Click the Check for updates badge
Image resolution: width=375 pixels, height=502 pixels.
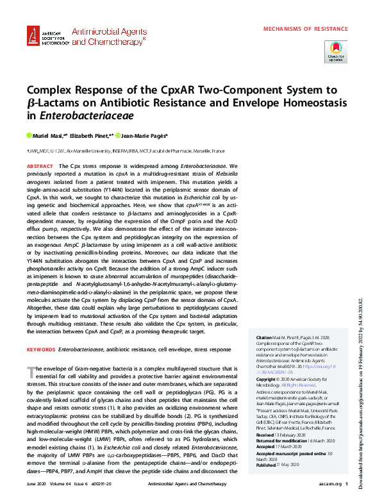coord(336,50)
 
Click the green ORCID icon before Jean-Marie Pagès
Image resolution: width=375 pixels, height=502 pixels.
coord(121,136)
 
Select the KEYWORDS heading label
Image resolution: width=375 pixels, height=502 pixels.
coord(40,349)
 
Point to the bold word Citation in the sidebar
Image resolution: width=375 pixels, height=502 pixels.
coord(263,337)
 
